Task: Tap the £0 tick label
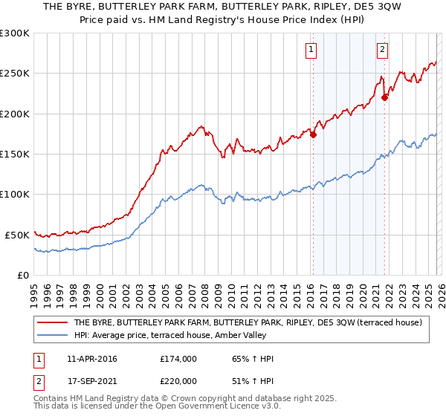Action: [x=23, y=275]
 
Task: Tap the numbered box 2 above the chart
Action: [x=382, y=50]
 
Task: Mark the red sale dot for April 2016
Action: [x=313, y=135]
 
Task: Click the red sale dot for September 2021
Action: [x=384, y=97]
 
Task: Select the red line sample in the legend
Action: [x=53, y=322]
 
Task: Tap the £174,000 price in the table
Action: [x=178, y=359]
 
